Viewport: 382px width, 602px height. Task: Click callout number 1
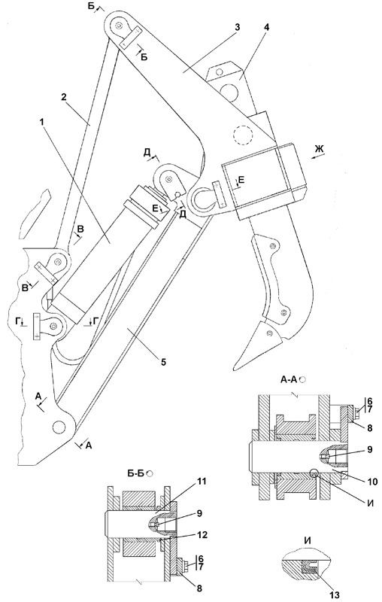coord(43,121)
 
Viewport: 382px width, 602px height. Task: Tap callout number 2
coord(64,96)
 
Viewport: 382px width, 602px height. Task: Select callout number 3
coord(238,27)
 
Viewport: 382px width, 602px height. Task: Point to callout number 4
coord(266,27)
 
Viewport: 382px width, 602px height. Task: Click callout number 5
coord(163,361)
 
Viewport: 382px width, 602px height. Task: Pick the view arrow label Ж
coord(319,148)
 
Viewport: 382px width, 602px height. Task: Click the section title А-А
coord(290,379)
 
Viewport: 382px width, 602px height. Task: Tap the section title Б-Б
coord(137,473)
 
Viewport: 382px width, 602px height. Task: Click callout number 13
coord(335,595)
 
